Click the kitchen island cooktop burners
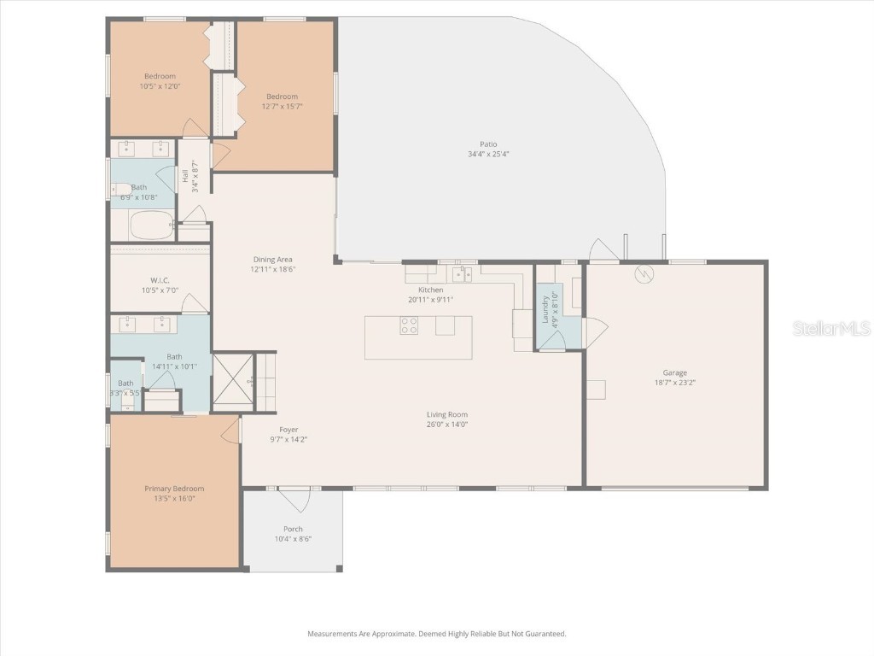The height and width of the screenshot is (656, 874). (410, 325)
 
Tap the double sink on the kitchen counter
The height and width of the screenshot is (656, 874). (462, 274)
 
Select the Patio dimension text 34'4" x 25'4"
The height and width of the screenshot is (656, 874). (488, 155)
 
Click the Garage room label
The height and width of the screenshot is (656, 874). (675, 372)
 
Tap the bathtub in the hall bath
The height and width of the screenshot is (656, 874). (151, 225)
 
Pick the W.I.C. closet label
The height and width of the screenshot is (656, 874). (160, 280)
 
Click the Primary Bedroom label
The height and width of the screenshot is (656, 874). (174, 489)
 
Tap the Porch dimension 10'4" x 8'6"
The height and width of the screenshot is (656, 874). (293, 539)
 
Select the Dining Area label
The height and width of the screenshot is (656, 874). (272, 260)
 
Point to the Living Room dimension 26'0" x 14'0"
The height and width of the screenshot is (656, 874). (447, 425)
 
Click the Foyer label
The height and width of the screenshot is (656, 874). (288, 430)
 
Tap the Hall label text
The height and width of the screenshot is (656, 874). (185, 176)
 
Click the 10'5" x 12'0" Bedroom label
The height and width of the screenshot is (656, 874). (160, 86)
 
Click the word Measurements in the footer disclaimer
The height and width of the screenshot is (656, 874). (333, 634)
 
